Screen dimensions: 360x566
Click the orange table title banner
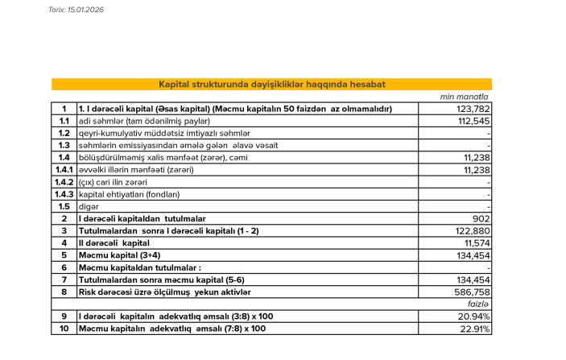coord(271,84)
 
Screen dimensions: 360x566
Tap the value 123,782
coord(473,109)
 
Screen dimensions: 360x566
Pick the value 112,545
coord(473,121)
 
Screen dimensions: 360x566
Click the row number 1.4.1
coord(64,170)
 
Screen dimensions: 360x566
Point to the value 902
coord(481,218)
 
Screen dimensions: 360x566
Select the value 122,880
coord(473,230)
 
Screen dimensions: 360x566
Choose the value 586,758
coord(473,292)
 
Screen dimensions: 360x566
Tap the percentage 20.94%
coord(475,316)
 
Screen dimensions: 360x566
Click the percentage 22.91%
coord(475,329)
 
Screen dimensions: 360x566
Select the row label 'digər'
coord(88,206)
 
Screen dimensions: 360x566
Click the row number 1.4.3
coord(64,194)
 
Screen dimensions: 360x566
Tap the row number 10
coord(64,329)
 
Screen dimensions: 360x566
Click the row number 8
coord(64,292)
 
